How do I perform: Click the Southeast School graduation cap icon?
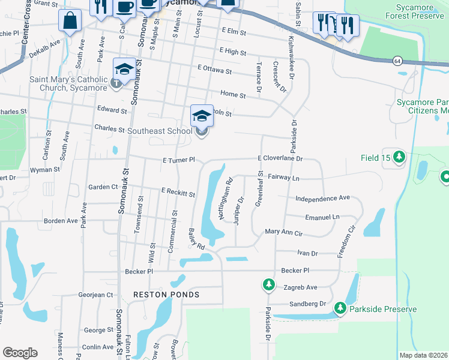tap(202, 115)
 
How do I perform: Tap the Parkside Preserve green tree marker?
tap(340, 308)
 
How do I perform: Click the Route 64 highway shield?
tap(397, 61)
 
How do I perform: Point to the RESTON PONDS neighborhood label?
tap(166, 295)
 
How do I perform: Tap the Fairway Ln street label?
tap(283, 178)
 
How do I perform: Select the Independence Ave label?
tap(322, 197)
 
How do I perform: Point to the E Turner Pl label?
tap(179, 160)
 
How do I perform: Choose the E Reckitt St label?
tap(178, 193)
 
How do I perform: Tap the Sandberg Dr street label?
tap(307, 304)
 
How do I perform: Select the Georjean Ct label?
tap(95, 295)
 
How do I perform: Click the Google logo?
tap(20, 352)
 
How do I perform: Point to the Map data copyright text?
tap(424, 355)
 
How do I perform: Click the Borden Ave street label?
tap(61, 221)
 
